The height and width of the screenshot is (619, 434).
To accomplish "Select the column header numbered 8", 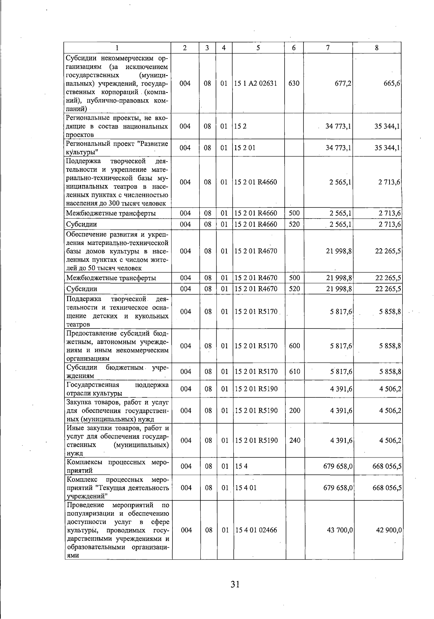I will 377,48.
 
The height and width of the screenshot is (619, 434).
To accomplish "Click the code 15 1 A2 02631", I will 256,83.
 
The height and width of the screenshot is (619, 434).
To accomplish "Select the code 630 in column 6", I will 294,83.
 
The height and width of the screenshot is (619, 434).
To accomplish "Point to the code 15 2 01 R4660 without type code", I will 256,182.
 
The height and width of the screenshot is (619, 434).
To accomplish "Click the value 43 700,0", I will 340,530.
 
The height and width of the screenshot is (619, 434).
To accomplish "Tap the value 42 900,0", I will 389,530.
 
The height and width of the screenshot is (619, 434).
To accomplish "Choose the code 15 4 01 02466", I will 256,530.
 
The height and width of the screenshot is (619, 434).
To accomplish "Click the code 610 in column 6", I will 295,371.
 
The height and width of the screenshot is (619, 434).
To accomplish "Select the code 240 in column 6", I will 295,440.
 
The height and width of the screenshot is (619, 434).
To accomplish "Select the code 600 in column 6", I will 295,346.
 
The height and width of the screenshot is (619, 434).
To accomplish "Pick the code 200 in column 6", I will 295,410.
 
